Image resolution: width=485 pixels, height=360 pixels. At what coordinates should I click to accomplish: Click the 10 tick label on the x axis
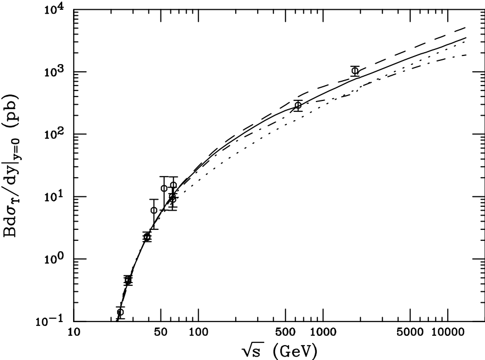click(x=74, y=332)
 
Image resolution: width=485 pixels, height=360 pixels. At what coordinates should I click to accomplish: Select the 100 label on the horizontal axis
click(x=198, y=332)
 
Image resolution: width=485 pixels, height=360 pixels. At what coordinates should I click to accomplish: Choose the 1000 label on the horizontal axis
click(x=322, y=332)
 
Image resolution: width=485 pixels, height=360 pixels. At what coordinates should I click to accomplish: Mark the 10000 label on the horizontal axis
click(x=446, y=332)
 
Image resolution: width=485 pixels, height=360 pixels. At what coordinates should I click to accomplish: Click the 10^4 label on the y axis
click(x=55, y=10)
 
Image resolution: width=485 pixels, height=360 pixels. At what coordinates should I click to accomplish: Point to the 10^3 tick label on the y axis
click(x=55, y=72)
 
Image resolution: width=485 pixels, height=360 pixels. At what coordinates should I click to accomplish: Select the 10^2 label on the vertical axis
click(x=55, y=134)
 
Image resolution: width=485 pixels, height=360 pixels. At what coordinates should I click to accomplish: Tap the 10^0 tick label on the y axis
click(x=55, y=259)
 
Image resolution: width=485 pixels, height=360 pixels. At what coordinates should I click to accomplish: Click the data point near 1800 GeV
click(x=355, y=71)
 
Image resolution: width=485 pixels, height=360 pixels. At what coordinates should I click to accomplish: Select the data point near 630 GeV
click(x=298, y=105)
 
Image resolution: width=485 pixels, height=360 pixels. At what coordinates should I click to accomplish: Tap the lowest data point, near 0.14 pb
click(x=120, y=312)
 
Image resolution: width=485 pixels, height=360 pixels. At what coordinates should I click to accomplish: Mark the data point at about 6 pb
click(x=154, y=210)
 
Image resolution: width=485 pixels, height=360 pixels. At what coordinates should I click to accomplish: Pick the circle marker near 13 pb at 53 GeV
click(x=164, y=188)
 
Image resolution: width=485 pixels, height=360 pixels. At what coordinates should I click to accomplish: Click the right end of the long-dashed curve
click(x=466, y=27)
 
